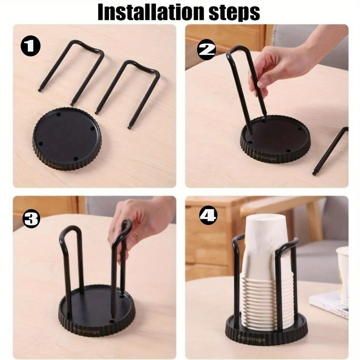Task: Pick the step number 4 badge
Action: (207, 217)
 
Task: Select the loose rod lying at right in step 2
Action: (331, 151)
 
